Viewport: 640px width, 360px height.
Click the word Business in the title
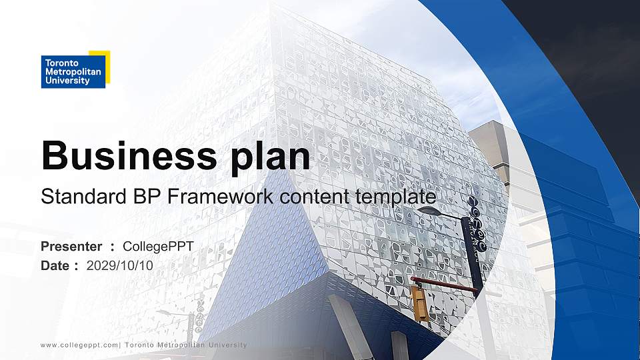[x=125, y=156]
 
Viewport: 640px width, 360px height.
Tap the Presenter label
[x=71, y=247]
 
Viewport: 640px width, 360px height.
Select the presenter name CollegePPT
[x=158, y=247]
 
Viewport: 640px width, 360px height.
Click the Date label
[x=55, y=265]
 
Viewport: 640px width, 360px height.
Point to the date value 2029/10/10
[x=120, y=265]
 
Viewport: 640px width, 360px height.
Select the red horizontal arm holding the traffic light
[x=447, y=285]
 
